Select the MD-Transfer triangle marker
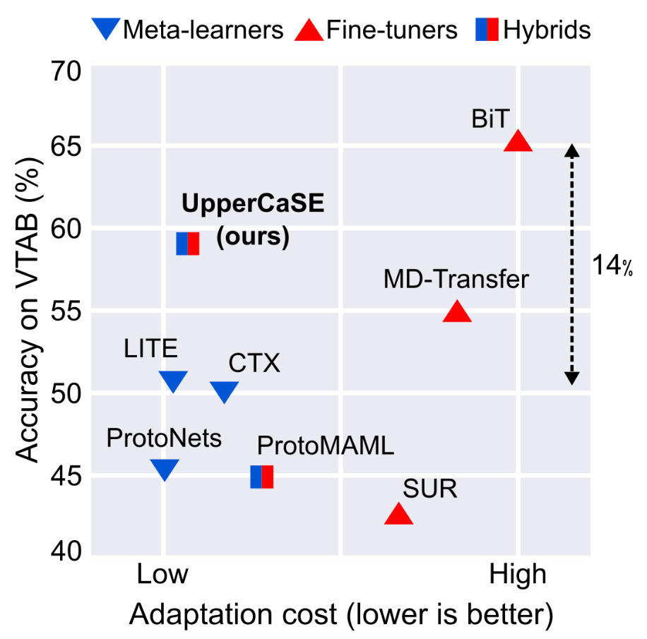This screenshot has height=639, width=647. [x=457, y=312]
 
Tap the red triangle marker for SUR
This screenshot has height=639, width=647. [x=398, y=515]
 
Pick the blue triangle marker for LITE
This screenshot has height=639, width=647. [x=173, y=381]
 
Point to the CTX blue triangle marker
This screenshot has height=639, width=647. [x=225, y=392]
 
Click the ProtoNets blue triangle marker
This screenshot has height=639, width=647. [x=165, y=469]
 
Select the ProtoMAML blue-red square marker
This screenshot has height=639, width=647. [x=261, y=477]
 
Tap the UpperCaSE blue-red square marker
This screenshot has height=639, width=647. [x=188, y=243]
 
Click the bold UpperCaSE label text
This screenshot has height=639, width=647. [x=252, y=203]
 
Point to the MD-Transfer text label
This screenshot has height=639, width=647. [x=456, y=280]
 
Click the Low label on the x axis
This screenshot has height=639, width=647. [x=162, y=575]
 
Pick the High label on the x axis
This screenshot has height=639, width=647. [x=518, y=575]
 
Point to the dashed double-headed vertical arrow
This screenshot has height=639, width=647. [x=572, y=265]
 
